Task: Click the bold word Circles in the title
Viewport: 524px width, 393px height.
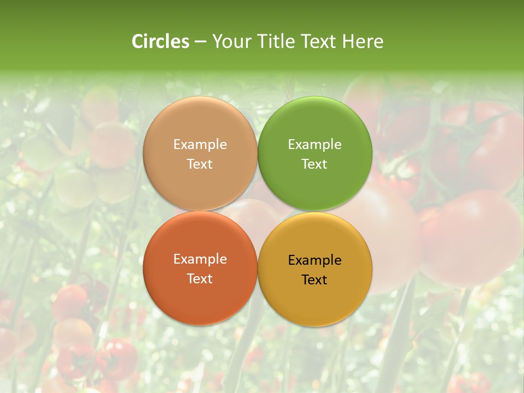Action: (160, 41)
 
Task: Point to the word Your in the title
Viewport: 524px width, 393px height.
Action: (230, 41)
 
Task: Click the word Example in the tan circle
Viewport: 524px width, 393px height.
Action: (200, 145)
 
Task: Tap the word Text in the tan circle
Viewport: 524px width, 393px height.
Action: (200, 164)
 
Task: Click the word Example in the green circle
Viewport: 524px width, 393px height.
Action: (314, 145)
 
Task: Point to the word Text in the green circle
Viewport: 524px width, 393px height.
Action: (314, 164)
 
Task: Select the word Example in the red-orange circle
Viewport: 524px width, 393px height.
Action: (200, 259)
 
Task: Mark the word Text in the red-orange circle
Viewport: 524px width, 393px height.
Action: (200, 278)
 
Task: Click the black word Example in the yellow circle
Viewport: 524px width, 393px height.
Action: (314, 260)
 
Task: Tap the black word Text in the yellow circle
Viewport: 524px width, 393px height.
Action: (314, 279)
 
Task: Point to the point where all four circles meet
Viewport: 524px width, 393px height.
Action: (258, 211)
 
